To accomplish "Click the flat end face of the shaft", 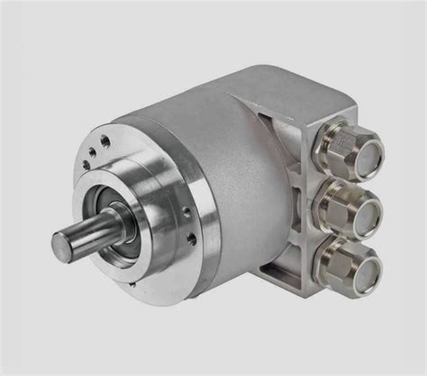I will pyautogui.click(x=66, y=243).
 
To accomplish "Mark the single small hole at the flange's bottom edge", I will pyautogui.click(x=135, y=290).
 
